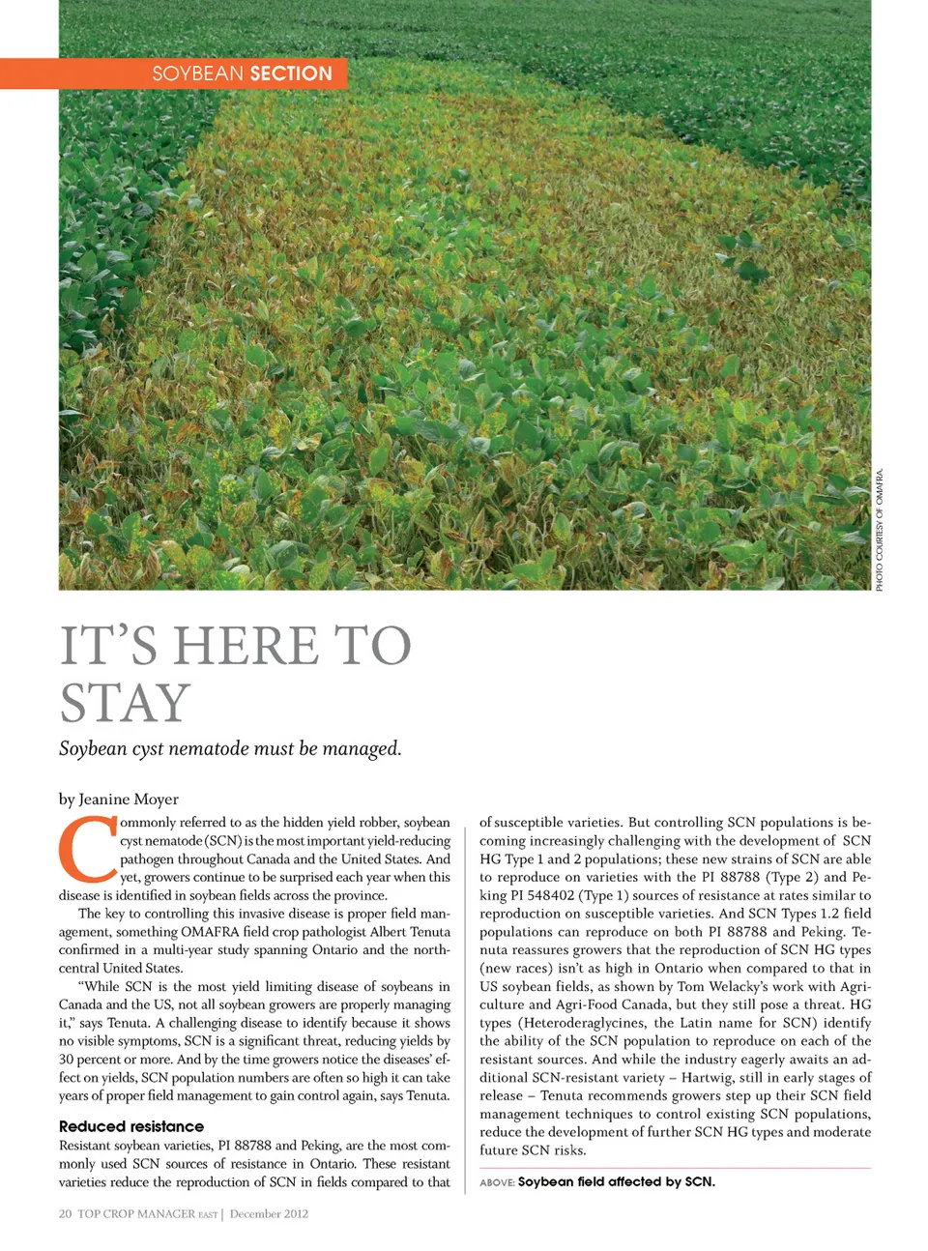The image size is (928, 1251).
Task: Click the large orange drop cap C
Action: click(88, 850)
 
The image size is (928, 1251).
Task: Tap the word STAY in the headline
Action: click(125, 703)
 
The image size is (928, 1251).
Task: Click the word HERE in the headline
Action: click(246, 646)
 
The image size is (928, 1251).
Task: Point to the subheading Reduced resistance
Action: click(131, 1126)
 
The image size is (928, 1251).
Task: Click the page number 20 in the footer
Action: click(65, 1213)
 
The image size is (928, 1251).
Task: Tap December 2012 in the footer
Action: click(269, 1213)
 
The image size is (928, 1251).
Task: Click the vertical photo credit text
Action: click(880, 530)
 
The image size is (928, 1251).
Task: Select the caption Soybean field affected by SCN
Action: click(616, 1181)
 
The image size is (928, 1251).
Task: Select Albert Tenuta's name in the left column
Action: click(410, 932)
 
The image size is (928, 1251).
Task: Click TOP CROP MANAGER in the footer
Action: click(136, 1213)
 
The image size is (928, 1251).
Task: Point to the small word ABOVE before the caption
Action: click(496, 1182)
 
